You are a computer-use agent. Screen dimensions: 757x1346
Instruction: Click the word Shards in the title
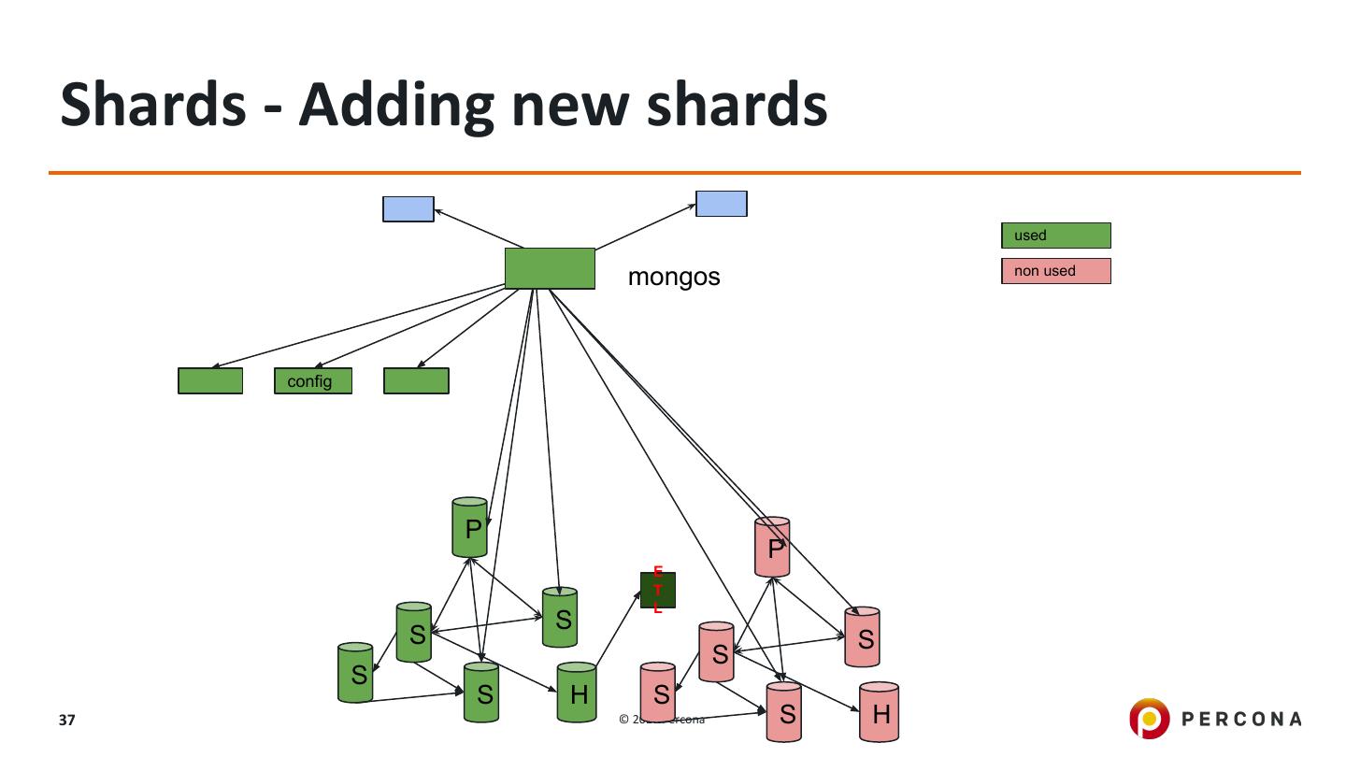[153, 105]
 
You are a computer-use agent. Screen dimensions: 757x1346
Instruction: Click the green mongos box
[550, 268]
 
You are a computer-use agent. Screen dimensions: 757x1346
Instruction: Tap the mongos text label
[674, 277]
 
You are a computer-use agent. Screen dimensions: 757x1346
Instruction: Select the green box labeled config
[313, 381]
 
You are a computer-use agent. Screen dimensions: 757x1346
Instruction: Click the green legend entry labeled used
[1055, 236]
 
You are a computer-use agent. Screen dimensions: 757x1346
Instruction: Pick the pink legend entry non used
[1055, 271]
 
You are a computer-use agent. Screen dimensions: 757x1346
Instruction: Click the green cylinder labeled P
[470, 528]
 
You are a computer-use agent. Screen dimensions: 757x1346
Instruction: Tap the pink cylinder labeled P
[772, 547]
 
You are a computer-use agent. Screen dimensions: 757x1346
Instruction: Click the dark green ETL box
[658, 590]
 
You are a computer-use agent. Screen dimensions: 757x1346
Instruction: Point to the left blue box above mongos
[408, 209]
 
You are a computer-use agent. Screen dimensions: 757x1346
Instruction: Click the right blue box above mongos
[722, 204]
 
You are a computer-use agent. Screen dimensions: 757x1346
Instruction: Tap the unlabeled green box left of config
[210, 381]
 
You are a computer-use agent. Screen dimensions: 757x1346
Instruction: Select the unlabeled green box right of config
[416, 381]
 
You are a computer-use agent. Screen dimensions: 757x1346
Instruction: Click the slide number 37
[66, 721]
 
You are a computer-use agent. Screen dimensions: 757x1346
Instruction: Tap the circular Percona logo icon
[1149, 719]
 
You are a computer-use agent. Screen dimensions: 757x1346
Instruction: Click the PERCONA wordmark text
[1241, 719]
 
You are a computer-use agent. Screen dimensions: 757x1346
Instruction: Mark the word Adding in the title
[394, 105]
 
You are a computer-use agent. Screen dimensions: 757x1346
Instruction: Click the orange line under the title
[673, 173]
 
